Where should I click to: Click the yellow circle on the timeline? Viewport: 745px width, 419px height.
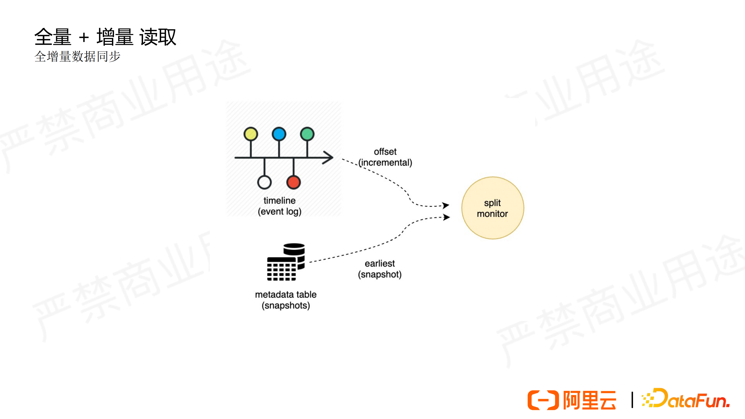coord(251,134)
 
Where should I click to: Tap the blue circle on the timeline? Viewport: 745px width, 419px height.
coord(279,134)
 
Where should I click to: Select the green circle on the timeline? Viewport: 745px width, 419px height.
coord(307,134)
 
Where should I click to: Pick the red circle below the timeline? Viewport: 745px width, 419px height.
coord(294,182)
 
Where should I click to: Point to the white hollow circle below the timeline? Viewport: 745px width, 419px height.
coord(264,182)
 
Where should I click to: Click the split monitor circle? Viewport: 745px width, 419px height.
coord(492,208)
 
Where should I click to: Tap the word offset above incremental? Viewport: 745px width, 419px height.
coord(385,151)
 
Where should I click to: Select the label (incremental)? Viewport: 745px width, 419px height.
coord(385,163)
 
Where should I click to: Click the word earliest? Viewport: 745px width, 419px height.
coord(380,263)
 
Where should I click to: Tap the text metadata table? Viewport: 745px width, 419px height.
coord(286,294)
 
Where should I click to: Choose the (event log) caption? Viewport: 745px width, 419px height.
coord(280,212)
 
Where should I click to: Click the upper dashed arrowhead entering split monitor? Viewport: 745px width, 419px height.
coord(446,205)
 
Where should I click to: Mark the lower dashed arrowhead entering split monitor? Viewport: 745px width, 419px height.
coord(447,217)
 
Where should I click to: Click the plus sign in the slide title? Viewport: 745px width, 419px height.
coord(84,37)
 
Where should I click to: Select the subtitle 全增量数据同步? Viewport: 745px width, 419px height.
coord(77,56)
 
